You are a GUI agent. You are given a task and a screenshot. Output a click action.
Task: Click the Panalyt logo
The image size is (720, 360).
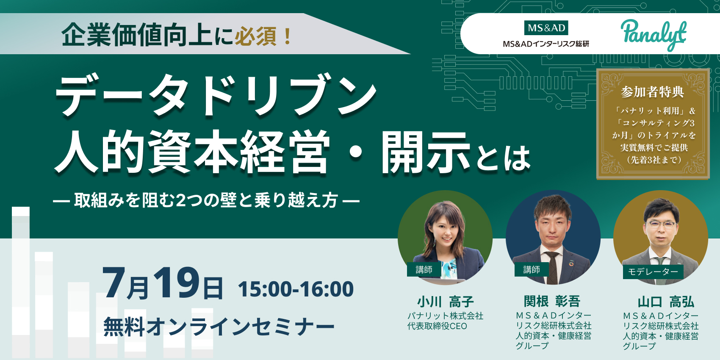(654, 35)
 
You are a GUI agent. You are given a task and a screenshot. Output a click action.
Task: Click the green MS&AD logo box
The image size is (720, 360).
(546, 28)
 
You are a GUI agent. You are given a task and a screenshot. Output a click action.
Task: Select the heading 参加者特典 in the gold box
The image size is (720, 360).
(653, 92)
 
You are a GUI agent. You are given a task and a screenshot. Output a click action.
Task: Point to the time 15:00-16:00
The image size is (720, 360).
(296, 289)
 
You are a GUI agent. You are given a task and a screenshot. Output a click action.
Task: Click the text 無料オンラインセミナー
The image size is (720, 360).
(219, 326)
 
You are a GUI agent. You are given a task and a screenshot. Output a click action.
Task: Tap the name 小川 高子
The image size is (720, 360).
(446, 302)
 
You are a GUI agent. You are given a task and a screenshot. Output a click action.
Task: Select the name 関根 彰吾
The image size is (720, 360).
(552, 301)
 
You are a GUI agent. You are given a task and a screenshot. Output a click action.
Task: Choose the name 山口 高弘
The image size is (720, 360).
(666, 302)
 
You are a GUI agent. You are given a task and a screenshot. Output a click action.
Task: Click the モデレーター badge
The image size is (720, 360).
(653, 271)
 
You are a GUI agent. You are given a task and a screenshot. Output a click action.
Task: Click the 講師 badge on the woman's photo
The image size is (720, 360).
(424, 269)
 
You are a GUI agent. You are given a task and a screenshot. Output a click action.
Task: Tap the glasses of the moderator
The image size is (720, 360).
(661, 224)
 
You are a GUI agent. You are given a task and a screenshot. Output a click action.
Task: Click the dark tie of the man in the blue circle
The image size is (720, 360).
(552, 267)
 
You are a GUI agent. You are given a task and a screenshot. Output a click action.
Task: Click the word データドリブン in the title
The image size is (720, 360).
(216, 94)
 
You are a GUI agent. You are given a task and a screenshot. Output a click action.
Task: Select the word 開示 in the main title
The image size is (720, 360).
(426, 153)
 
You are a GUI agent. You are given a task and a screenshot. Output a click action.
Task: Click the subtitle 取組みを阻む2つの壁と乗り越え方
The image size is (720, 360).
(206, 201)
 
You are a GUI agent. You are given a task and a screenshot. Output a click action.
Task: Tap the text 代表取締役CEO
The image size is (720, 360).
(437, 326)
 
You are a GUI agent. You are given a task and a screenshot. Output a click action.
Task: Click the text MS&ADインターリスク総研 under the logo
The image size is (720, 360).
(546, 44)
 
